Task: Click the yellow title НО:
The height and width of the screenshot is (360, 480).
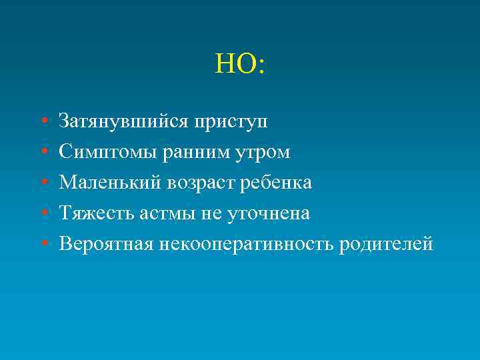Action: coord(240,65)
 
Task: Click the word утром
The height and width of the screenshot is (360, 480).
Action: coord(263,153)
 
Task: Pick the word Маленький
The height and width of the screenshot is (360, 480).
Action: coord(109,183)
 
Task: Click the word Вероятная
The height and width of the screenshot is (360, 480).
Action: coord(106,244)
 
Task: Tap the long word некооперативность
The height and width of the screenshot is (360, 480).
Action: coord(246,244)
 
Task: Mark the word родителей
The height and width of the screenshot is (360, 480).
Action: coord(386,244)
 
